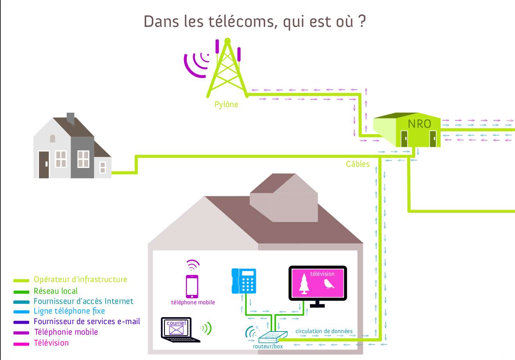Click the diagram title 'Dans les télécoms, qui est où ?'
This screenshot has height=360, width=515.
[x=255, y=22]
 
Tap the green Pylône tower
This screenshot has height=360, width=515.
[x=227, y=69]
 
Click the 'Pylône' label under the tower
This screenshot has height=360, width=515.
[x=226, y=104]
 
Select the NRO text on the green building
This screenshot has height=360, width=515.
[x=419, y=124]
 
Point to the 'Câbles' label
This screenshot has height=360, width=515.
[x=358, y=164]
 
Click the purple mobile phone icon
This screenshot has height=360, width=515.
[x=192, y=286]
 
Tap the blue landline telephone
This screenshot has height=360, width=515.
[x=244, y=281]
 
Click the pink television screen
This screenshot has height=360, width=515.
[x=317, y=283]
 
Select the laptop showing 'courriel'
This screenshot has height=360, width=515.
[x=180, y=330]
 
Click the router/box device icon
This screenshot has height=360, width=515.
[x=273, y=337]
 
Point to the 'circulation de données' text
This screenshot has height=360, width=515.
[x=324, y=331]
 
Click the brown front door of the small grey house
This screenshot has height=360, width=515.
[x=44, y=164]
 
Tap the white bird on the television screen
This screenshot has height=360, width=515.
[x=329, y=284]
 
